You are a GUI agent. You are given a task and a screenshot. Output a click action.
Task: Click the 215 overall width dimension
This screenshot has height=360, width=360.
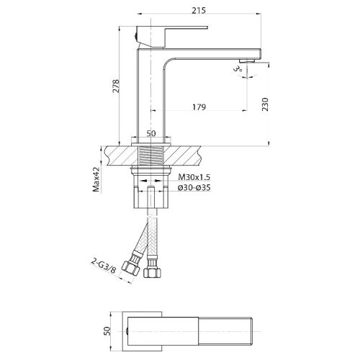[x=199, y=10]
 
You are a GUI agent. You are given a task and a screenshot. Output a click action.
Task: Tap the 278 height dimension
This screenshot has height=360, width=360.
[x=116, y=86]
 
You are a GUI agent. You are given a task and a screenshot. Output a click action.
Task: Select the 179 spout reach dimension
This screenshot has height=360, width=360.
[x=199, y=107]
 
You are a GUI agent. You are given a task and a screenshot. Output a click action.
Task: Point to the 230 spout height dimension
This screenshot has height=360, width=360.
[x=265, y=104]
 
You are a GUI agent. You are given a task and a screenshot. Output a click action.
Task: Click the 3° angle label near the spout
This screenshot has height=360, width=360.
[x=238, y=69]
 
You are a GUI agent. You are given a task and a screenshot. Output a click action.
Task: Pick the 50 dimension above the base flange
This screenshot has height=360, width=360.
[x=151, y=133]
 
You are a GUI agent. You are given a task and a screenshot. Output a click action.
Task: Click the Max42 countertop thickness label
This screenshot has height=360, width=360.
[x=96, y=179]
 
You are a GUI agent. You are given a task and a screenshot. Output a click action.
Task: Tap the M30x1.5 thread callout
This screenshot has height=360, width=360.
[x=194, y=177]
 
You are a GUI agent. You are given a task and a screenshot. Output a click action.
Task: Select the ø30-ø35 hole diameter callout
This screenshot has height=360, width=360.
[x=194, y=187]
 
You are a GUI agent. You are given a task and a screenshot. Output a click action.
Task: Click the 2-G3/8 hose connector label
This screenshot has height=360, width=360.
[x=103, y=266]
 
